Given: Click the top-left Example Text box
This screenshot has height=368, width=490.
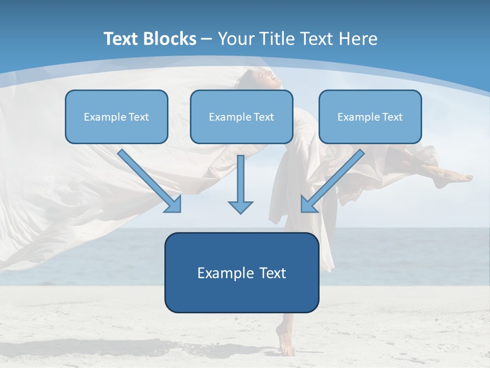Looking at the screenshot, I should (x=116, y=117).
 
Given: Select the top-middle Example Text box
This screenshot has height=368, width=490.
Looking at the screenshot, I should (x=241, y=117).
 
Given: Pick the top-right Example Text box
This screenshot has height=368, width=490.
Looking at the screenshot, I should (x=370, y=117).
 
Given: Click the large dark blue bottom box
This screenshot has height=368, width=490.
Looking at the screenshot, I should (x=241, y=272).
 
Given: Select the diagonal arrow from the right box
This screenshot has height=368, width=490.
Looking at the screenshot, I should (x=334, y=179).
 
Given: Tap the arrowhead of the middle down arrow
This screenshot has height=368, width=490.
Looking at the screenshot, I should (x=240, y=206).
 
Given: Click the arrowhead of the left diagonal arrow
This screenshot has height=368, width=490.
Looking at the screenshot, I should (x=174, y=204).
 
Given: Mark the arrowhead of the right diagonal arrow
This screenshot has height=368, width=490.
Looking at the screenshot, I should (x=308, y=204).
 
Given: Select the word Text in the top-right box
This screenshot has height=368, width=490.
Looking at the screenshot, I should (x=392, y=117).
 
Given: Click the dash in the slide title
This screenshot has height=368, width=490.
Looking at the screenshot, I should (x=207, y=39).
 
